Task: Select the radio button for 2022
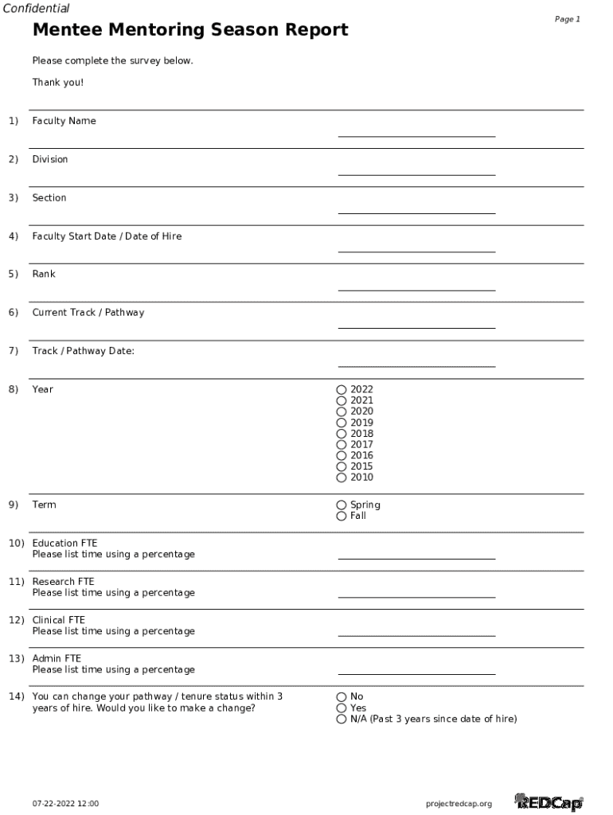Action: [x=342, y=390]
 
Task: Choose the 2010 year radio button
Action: [x=342, y=478]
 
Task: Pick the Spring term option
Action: [x=342, y=505]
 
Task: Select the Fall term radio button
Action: [x=342, y=517]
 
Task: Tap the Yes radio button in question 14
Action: [x=342, y=708]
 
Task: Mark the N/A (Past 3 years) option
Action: [x=342, y=719]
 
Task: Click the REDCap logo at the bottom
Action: [x=549, y=802]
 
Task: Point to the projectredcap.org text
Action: [x=459, y=804]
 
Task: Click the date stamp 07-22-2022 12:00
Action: [x=65, y=804]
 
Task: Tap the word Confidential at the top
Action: [x=36, y=9]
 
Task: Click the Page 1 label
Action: [x=567, y=19]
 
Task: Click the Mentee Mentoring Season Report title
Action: [x=189, y=30]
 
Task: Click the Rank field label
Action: [x=44, y=274]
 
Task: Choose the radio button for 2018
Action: [x=342, y=434]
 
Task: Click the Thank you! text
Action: [x=57, y=83]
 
